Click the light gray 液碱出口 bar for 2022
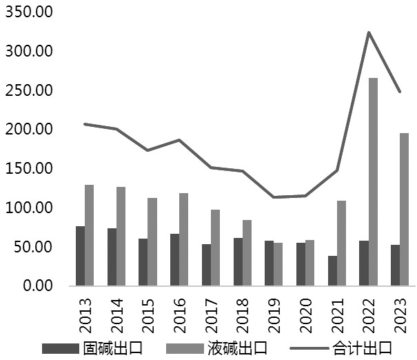click(374, 181)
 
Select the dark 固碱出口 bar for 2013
click(81, 255)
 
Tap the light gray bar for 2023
click(405, 209)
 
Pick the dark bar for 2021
click(332, 270)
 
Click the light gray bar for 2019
click(278, 263)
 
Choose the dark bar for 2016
click(175, 259)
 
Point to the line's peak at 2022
click(369, 32)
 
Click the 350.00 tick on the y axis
click(28, 12)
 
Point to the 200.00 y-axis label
click(28, 129)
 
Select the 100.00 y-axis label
click(28, 207)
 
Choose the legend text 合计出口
click(365, 346)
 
